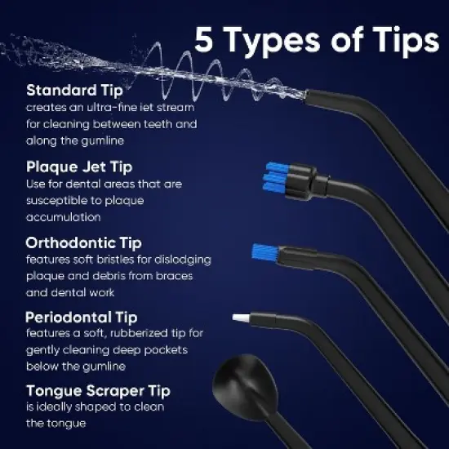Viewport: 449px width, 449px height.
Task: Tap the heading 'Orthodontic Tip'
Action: pos(83,242)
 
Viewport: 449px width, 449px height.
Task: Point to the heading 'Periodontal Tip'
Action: pos(81,317)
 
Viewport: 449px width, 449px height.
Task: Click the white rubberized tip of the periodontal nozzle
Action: pos(242,317)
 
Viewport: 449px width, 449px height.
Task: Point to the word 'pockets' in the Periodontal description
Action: pos(162,350)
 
